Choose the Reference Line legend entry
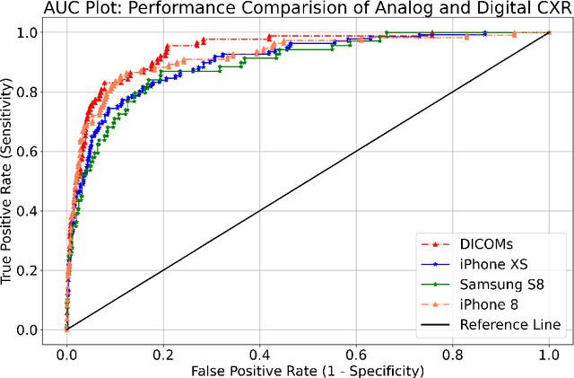[509, 324]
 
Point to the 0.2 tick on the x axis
[162, 356]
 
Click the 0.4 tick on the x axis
[259, 356]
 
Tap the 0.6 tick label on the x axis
[356, 356]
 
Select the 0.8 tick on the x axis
[453, 356]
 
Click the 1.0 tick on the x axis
[549, 356]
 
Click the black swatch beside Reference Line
[436, 324]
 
